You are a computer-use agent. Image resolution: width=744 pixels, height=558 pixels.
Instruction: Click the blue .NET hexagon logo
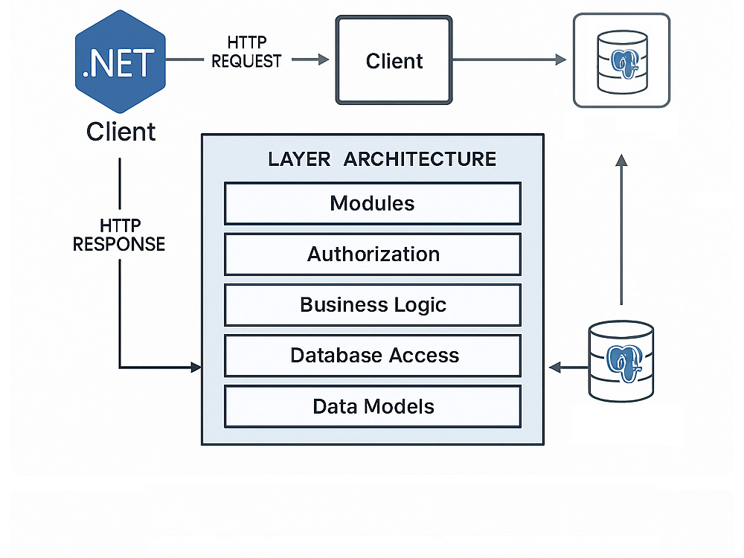[x=121, y=62]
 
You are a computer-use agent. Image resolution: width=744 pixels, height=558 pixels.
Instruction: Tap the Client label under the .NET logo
[x=121, y=132]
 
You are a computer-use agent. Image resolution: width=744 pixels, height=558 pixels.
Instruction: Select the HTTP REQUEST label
[x=247, y=52]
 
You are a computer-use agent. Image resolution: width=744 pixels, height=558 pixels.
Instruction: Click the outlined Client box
[x=394, y=60]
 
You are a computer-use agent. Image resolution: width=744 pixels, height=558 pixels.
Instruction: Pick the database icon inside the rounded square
[x=622, y=62]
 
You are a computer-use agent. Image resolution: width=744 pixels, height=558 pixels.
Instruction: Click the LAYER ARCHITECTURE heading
[x=382, y=159]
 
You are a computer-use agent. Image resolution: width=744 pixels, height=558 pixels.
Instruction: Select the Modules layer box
[x=373, y=204]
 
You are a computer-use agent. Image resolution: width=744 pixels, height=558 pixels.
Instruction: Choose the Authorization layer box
[x=373, y=254]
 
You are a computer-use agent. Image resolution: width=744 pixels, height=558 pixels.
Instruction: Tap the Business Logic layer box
[x=373, y=305]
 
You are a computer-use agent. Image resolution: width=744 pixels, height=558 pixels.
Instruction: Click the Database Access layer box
[x=373, y=356]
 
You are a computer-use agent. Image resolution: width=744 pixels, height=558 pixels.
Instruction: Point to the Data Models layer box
[x=373, y=407]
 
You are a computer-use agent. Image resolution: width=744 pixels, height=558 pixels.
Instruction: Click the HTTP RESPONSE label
[x=119, y=235]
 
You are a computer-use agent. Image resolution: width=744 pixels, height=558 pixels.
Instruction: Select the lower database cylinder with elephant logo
[x=621, y=361]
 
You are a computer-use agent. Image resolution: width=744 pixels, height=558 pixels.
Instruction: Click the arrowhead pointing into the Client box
[x=324, y=60]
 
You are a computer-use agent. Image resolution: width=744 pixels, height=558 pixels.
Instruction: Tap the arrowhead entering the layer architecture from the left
[x=196, y=367]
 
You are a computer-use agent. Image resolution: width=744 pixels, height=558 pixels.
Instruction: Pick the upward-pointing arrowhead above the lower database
[x=621, y=160]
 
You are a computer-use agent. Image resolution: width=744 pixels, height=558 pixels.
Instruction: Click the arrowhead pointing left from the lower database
[x=555, y=367]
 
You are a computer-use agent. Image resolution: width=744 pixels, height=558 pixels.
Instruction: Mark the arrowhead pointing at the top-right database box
[x=561, y=60]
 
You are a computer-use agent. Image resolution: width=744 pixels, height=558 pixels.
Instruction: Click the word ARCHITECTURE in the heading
[x=420, y=159]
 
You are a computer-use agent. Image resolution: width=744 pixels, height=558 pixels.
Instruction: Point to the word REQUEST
[x=247, y=61]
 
